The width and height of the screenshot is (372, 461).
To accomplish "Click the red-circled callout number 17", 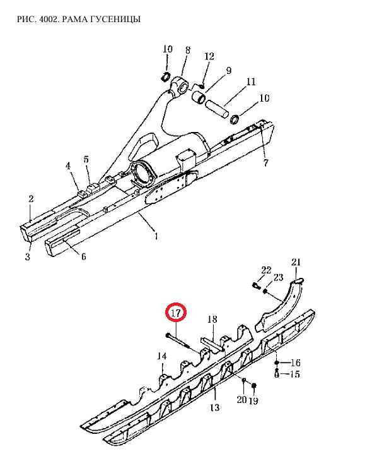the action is (x=176, y=313).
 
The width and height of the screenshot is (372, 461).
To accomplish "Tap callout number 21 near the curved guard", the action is (x=296, y=261).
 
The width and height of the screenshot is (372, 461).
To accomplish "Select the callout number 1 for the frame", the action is (x=156, y=236).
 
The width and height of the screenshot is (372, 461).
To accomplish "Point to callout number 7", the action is (x=265, y=162).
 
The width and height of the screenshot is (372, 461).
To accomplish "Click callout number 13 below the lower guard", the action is (x=214, y=407).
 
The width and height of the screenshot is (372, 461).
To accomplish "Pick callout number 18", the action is (x=212, y=319).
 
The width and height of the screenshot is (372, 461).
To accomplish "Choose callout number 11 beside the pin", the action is (x=251, y=81).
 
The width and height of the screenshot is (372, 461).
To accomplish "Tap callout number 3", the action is (x=27, y=256).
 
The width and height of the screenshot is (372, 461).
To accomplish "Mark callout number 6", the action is (x=84, y=256).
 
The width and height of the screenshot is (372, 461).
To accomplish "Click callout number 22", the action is (x=266, y=270).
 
